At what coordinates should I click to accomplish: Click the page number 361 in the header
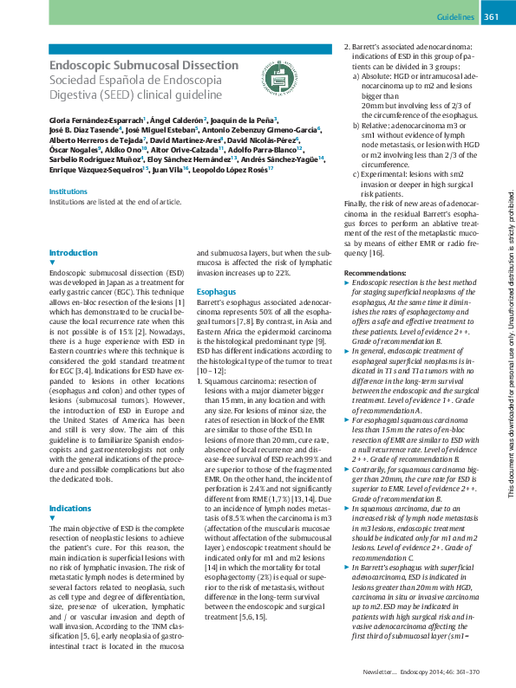[x=490, y=17]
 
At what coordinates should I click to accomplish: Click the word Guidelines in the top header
[x=455, y=17]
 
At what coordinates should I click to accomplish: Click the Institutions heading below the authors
[x=69, y=191]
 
